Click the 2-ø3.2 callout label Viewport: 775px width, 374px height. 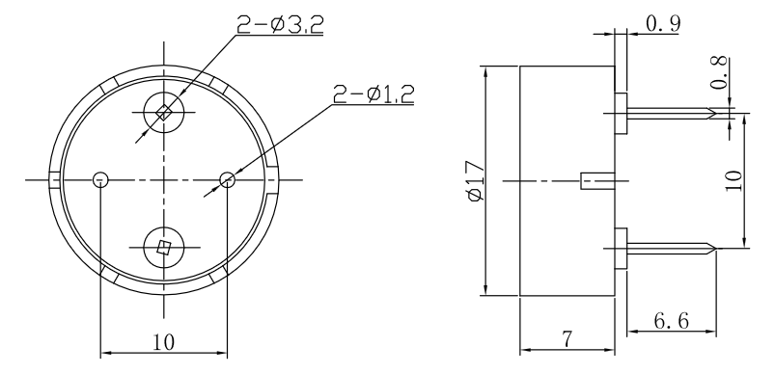(x=280, y=24)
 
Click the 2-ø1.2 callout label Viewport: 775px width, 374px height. (x=374, y=93)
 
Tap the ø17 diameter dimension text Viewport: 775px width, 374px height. (x=475, y=181)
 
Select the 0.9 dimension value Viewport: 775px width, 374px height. (x=663, y=23)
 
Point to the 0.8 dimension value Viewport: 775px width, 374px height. (x=720, y=73)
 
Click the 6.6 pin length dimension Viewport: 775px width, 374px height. (x=671, y=321)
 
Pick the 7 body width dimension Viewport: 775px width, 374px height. (x=567, y=339)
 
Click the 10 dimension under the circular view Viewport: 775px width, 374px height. (x=164, y=342)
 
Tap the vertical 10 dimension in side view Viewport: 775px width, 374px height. (x=733, y=180)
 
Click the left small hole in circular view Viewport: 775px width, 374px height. (x=100, y=179)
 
